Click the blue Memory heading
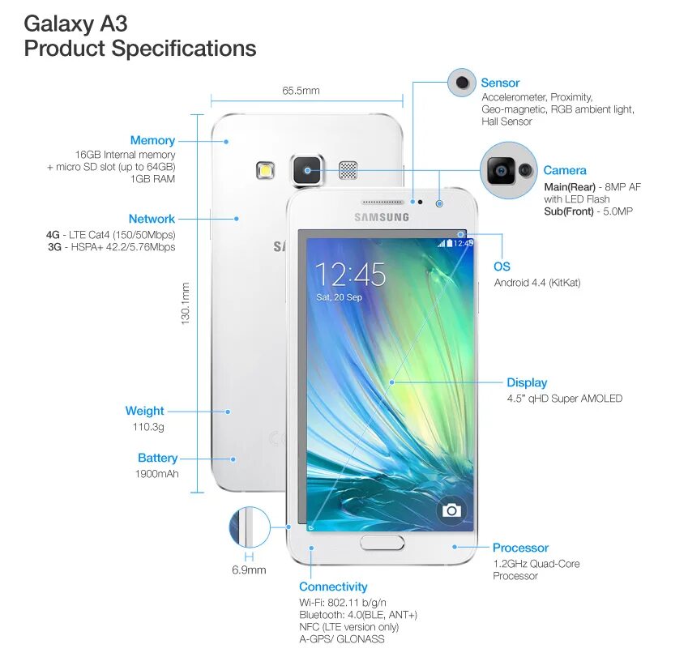click(x=152, y=141)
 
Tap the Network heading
click(x=152, y=219)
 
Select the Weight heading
click(x=144, y=411)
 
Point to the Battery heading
click(x=157, y=458)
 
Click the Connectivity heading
click(x=333, y=587)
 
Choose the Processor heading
click(x=520, y=548)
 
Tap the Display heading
click(x=527, y=382)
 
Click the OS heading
click(x=502, y=267)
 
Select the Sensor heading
click(x=500, y=83)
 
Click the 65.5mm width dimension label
click(x=301, y=91)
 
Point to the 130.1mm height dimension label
click(x=185, y=304)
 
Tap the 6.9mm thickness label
click(x=249, y=570)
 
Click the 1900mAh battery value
click(x=156, y=474)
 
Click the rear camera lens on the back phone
click(x=307, y=169)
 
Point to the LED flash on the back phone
click(x=265, y=170)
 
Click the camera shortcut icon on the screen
click(x=451, y=510)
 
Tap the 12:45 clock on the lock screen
click(x=350, y=275)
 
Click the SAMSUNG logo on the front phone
click(x=381, y=216)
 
